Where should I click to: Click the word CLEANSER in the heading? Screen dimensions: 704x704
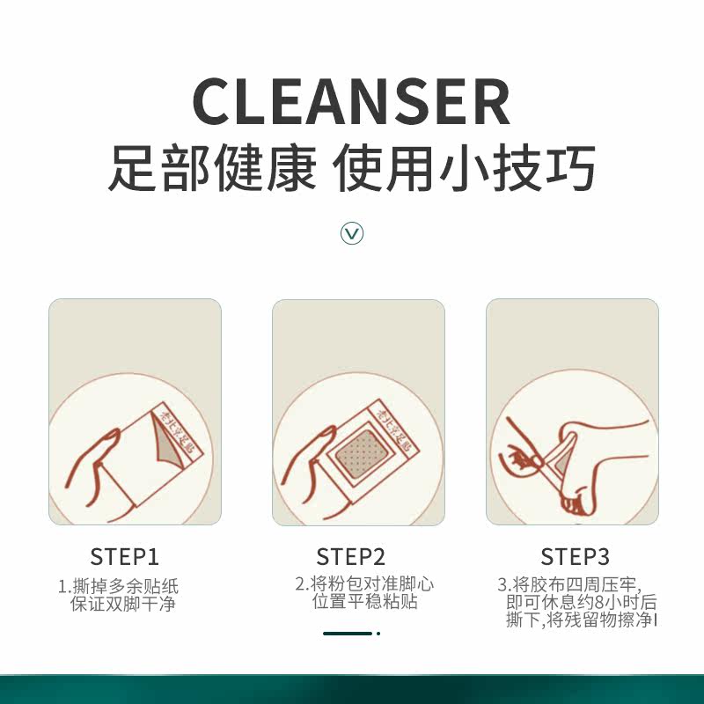[x=351, y=101]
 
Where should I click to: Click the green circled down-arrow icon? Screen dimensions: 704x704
[x=352, y=233]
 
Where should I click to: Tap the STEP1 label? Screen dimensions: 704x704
[x=125, y=556]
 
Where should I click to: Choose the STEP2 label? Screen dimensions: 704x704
[x=351, y=556]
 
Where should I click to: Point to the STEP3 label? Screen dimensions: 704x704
[x=575, y=556]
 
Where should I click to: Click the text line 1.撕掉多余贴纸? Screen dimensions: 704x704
[x=118, y=586]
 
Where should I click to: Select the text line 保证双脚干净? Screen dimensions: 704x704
[x=123, y=605]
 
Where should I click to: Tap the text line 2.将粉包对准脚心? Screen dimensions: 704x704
[x=363, y=584]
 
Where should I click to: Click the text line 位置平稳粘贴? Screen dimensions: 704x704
[x=364, y=603]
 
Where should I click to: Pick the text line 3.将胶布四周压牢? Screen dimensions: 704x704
[x=569, y=585]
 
